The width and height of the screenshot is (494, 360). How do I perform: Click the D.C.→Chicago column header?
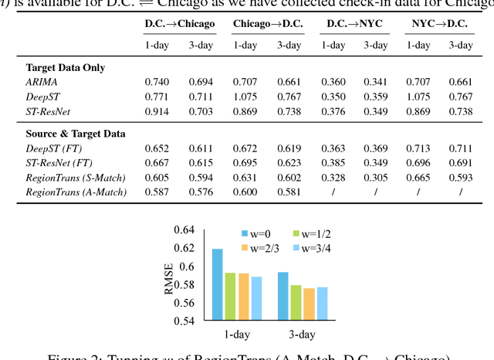(179, 24)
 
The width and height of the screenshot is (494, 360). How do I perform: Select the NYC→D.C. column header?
(439, 24)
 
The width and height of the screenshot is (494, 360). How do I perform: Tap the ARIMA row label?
(41, 81)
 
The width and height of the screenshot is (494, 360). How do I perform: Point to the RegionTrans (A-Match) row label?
(76, 191)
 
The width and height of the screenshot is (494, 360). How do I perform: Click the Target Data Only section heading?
(65, 67)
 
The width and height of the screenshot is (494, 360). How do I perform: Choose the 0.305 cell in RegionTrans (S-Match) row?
(376, 176)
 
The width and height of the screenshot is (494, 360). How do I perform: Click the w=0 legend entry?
(255, 233)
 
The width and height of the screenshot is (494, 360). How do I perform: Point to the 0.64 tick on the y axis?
(185, 230)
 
